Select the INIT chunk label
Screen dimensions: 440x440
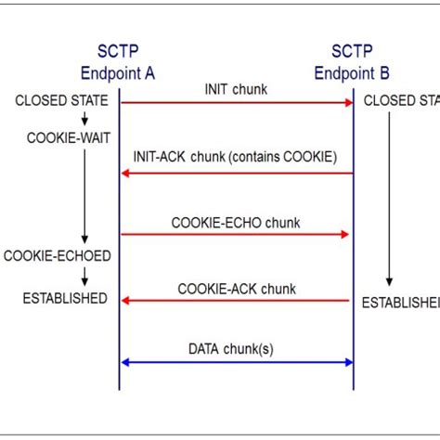(237, 88)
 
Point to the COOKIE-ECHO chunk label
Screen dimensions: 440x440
(236, 223)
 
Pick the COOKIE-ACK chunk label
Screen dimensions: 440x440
(236, 289)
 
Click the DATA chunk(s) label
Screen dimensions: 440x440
(236, 349)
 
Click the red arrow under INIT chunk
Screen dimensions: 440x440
(237, 102)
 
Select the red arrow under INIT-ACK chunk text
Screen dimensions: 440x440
(237, 173)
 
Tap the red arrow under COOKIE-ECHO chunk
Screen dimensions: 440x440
(236, 235)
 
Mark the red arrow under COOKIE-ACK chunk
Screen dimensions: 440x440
(236, 301)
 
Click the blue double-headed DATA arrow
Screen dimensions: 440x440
(237, 362)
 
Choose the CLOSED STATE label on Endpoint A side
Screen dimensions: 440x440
(61, 100)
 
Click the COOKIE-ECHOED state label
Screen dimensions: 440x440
(57, 255)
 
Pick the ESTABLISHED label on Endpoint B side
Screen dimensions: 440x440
(400, 302)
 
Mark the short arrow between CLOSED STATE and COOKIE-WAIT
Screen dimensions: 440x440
(84, 119)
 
